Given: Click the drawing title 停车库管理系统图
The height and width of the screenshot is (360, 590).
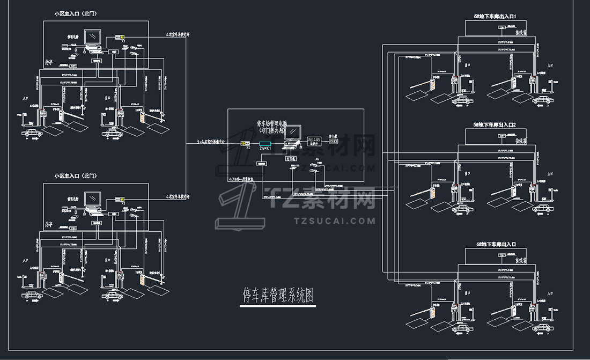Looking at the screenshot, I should coord(277,295).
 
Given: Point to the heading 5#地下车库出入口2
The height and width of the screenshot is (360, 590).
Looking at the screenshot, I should coord(495,124).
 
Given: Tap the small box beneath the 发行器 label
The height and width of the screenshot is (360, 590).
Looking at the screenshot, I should coord(334,142).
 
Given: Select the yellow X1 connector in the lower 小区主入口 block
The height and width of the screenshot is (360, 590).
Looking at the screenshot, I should coord(119,199).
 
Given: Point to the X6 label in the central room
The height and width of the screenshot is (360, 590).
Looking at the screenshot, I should coord(317,159).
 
